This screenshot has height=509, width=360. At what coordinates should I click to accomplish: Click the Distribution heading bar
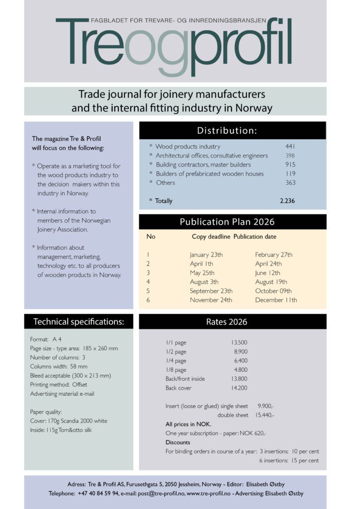click(232, 131)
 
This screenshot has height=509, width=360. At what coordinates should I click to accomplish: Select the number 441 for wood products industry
click(290, 147)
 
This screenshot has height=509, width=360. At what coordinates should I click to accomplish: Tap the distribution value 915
click(290, 165)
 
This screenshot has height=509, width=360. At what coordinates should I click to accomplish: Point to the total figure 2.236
click(287, 201)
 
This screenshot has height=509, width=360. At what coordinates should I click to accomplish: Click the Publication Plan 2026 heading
click(232, 222)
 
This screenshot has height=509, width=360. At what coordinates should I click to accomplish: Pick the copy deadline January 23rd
click(206, 254)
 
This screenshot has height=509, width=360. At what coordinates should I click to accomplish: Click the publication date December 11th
click(276, 300)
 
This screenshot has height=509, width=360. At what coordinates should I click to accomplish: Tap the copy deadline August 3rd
click(204, 282)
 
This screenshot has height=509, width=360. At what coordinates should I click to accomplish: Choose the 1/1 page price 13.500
click(239, 342)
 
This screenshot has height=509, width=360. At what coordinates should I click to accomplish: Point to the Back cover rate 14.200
click(239, 388)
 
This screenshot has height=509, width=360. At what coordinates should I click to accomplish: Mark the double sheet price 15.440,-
click(265, 415)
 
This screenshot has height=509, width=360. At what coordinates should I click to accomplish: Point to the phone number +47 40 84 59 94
click(98, 494)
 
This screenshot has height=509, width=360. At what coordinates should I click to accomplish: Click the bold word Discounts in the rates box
click(178, 442)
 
